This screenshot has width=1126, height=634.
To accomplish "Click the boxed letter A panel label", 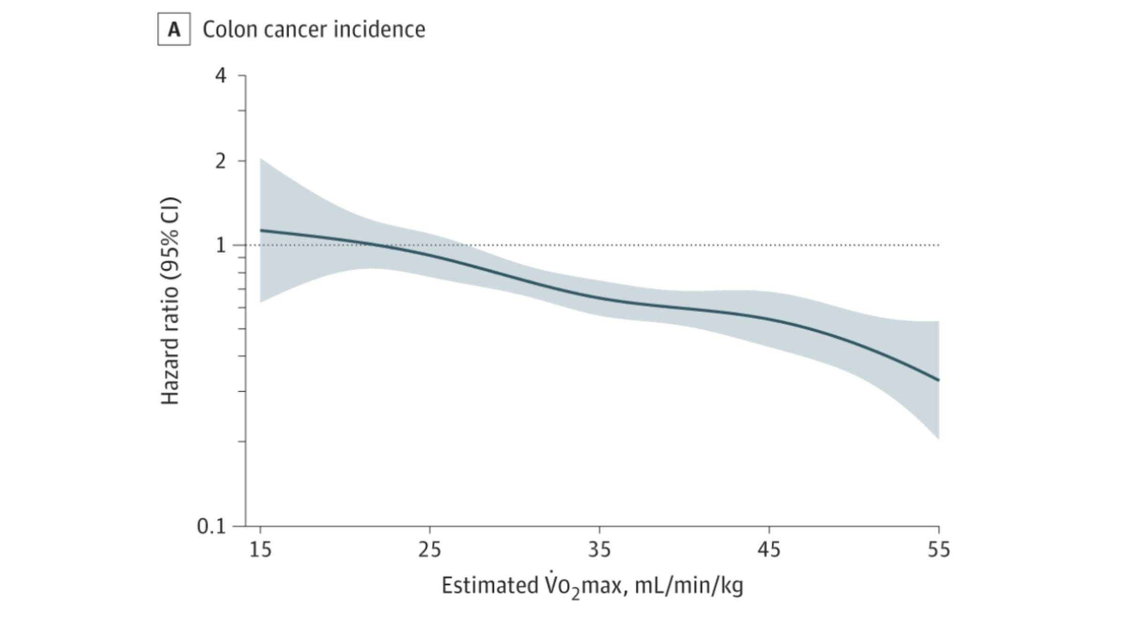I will pos(174,30).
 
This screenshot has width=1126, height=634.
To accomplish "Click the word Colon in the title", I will pos(230,30).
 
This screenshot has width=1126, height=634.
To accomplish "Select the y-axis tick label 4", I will pos(221,76).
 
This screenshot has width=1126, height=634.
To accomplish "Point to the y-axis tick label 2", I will pos(221,162).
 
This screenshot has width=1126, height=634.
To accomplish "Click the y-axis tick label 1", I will pos(221,245).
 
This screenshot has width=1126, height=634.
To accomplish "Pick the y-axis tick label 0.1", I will pos(212,527).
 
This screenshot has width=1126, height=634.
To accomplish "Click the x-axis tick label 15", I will pos(260,550).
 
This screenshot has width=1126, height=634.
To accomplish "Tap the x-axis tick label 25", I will pos(430,550).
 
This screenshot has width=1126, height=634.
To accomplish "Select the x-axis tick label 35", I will pos(600,550).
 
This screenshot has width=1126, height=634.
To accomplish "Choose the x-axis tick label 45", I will pos(769,550).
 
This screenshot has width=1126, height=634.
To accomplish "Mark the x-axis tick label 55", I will pos(938,550).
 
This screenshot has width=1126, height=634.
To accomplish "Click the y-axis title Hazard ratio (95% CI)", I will pos(170,301).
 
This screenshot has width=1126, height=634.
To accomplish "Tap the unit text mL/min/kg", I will pos(689,586).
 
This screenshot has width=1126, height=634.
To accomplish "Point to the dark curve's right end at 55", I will pos(938,380).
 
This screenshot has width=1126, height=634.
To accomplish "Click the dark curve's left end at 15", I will pos(261,230).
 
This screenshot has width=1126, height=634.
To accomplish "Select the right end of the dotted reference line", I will pos(938,245).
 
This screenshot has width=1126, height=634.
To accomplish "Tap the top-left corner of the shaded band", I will pos(261,159).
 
